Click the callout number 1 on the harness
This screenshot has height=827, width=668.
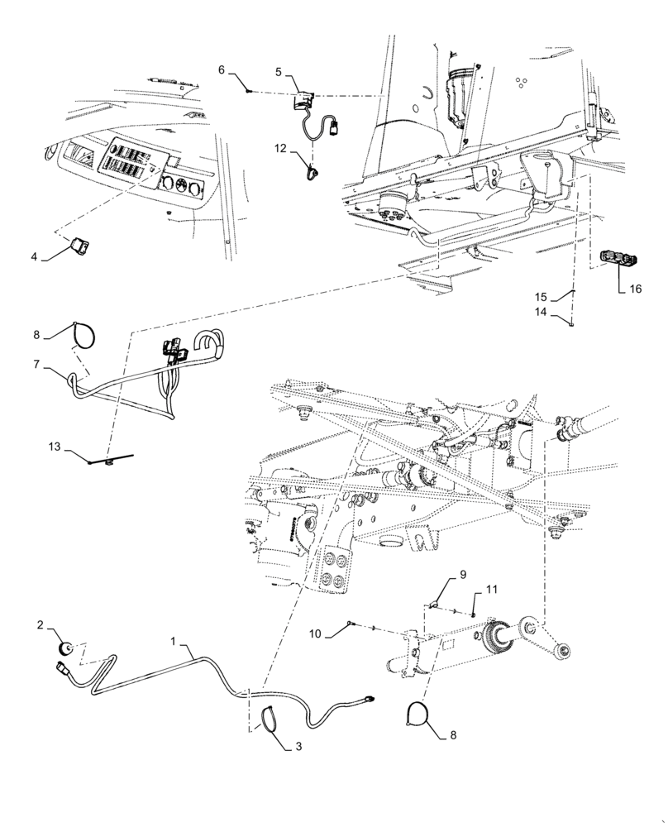[174, 639]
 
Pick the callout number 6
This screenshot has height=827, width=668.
[221, 70]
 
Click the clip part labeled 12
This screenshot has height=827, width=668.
[55, 447]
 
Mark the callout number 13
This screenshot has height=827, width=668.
[540, 312]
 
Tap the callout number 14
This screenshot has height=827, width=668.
[540, 296]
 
